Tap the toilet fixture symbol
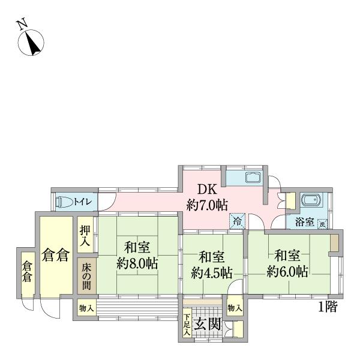[64, 202]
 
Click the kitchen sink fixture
[253, 179]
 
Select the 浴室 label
[304, 222]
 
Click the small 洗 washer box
[322, 223]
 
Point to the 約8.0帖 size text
[137, 263]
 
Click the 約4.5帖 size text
[211, 272]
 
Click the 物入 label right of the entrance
[235, 308]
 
